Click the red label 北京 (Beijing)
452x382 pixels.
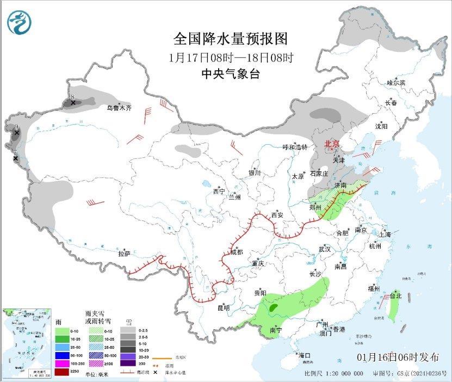[x=331, y=144]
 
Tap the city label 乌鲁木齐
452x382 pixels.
[x=119, y=108]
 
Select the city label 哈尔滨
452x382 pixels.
[x=395, y=83]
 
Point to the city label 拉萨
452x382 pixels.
[x=125, y=254]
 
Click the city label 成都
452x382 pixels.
[x=236, y=252]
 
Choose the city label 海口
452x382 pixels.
[x=304, y=355]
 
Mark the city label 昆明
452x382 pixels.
[x=224, y=308]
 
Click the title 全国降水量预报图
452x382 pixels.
[x=230, y=39]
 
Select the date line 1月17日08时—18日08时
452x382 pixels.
[x=231, y=57]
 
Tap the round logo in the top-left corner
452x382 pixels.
[x=20, y=22]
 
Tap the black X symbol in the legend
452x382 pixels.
[x=156, y=372]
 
